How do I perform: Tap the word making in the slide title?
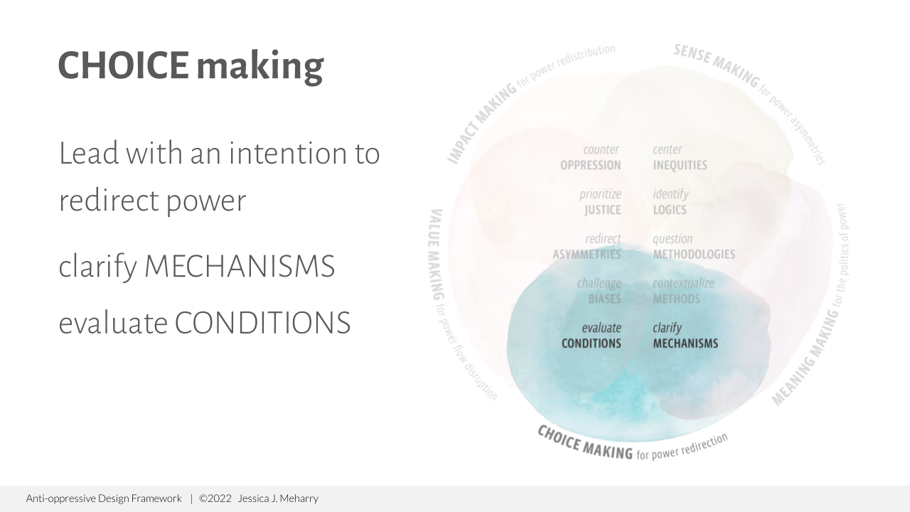point(259,67)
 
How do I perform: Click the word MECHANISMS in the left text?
point(239,267)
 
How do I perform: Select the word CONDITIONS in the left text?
point(262,323)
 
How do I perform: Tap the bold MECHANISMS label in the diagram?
point(685,343)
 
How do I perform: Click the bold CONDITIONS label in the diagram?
point(591,343)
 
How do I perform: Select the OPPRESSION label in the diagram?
point(590,166)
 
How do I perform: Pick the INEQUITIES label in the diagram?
point(680,166)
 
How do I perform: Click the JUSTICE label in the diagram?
point(602,210)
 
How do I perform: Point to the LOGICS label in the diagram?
point(670,210)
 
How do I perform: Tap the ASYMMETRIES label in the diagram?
point(587,255)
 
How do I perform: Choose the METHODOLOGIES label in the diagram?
point(694,255)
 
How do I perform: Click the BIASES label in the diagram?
point(604,299)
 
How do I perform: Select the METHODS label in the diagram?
point(676,299)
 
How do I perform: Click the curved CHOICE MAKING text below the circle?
point(584,442)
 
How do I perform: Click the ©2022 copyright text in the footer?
point(215,498)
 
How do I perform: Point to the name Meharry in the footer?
point(298,498)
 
